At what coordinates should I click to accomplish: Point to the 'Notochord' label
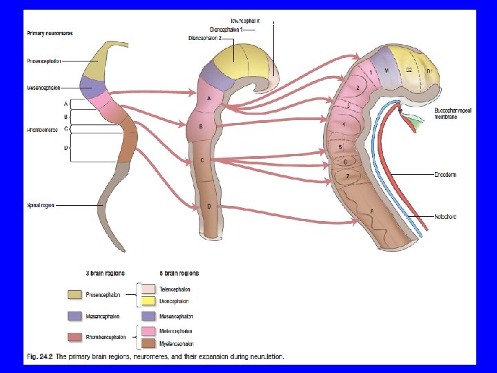445,217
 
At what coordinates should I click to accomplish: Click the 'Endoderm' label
445,175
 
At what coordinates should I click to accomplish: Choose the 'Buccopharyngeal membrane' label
449,113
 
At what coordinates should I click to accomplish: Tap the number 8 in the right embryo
371,211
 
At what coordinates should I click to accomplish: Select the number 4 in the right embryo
343,124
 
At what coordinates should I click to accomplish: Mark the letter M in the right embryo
387,70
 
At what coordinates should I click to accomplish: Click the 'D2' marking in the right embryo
409,70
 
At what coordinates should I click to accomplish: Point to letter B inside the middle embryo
200,127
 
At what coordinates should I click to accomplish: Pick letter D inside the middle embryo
209,207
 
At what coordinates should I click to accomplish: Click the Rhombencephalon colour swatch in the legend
75,337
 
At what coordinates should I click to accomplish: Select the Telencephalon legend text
175,289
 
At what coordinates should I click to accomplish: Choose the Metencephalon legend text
176,331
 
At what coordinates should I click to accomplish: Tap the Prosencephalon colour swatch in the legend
75,295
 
